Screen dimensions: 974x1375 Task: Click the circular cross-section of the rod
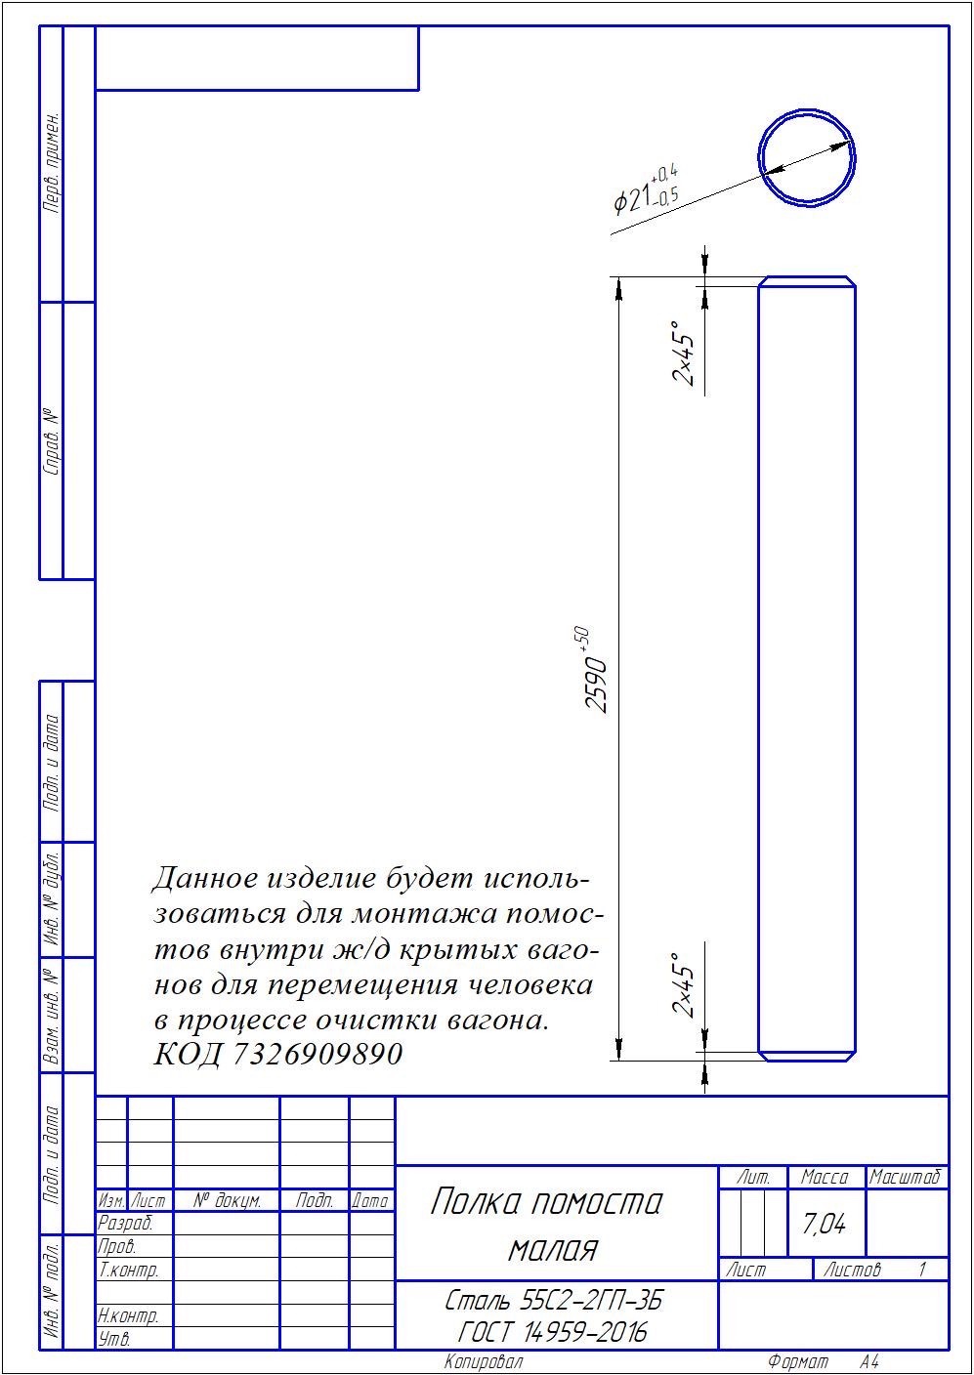click(759, 158)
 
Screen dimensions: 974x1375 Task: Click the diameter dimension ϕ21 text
click(646, 190)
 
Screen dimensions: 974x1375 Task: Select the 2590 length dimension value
click(595, 685)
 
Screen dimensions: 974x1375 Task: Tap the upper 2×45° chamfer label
click(684, 353)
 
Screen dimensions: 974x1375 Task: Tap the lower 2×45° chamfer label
click(684, 985)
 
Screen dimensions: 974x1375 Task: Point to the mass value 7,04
click(824, 1224)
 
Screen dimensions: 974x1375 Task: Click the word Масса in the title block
click(825, 1177)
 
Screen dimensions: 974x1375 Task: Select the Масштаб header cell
click(906, 1177)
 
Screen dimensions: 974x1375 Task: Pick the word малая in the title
click(553, 1249)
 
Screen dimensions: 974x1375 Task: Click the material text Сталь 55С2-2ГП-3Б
click(554, 1300)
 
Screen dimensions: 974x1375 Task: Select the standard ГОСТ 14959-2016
click(553, 1332)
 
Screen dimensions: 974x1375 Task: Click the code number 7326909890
click(318, 1054)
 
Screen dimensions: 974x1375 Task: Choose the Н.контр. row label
click(128, 1315)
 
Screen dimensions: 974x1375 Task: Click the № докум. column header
click(228, 1200)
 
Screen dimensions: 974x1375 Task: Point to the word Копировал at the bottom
click(484, 1362)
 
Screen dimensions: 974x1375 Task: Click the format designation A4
click(869, 1362)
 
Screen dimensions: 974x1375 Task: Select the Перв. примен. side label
click(53, 163)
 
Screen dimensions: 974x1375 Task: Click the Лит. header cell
click(752, 1177)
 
